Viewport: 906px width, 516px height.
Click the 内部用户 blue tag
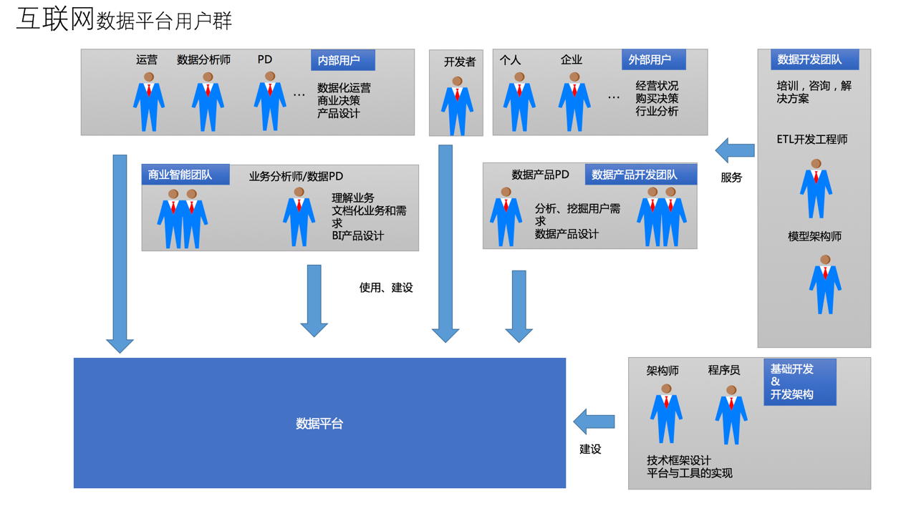point(342,60)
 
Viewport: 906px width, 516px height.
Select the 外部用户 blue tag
point(653,59)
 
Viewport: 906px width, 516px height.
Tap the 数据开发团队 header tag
point(814,59)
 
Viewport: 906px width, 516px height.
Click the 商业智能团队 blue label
point(185,175)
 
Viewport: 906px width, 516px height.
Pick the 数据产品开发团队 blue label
point(640,175)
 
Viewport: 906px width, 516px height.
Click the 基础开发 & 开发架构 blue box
point(799,382)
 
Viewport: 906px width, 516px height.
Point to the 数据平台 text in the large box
point(319,424)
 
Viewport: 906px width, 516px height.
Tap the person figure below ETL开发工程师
point(816,189)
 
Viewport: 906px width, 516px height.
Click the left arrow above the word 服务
point(735,150)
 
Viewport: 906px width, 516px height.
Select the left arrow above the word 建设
point(594,422)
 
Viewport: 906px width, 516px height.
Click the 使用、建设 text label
point(386,288)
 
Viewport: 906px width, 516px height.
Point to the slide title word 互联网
point(55,19)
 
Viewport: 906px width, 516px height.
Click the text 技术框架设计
point(678,460)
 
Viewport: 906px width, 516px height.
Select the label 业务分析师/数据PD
point(296,176)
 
